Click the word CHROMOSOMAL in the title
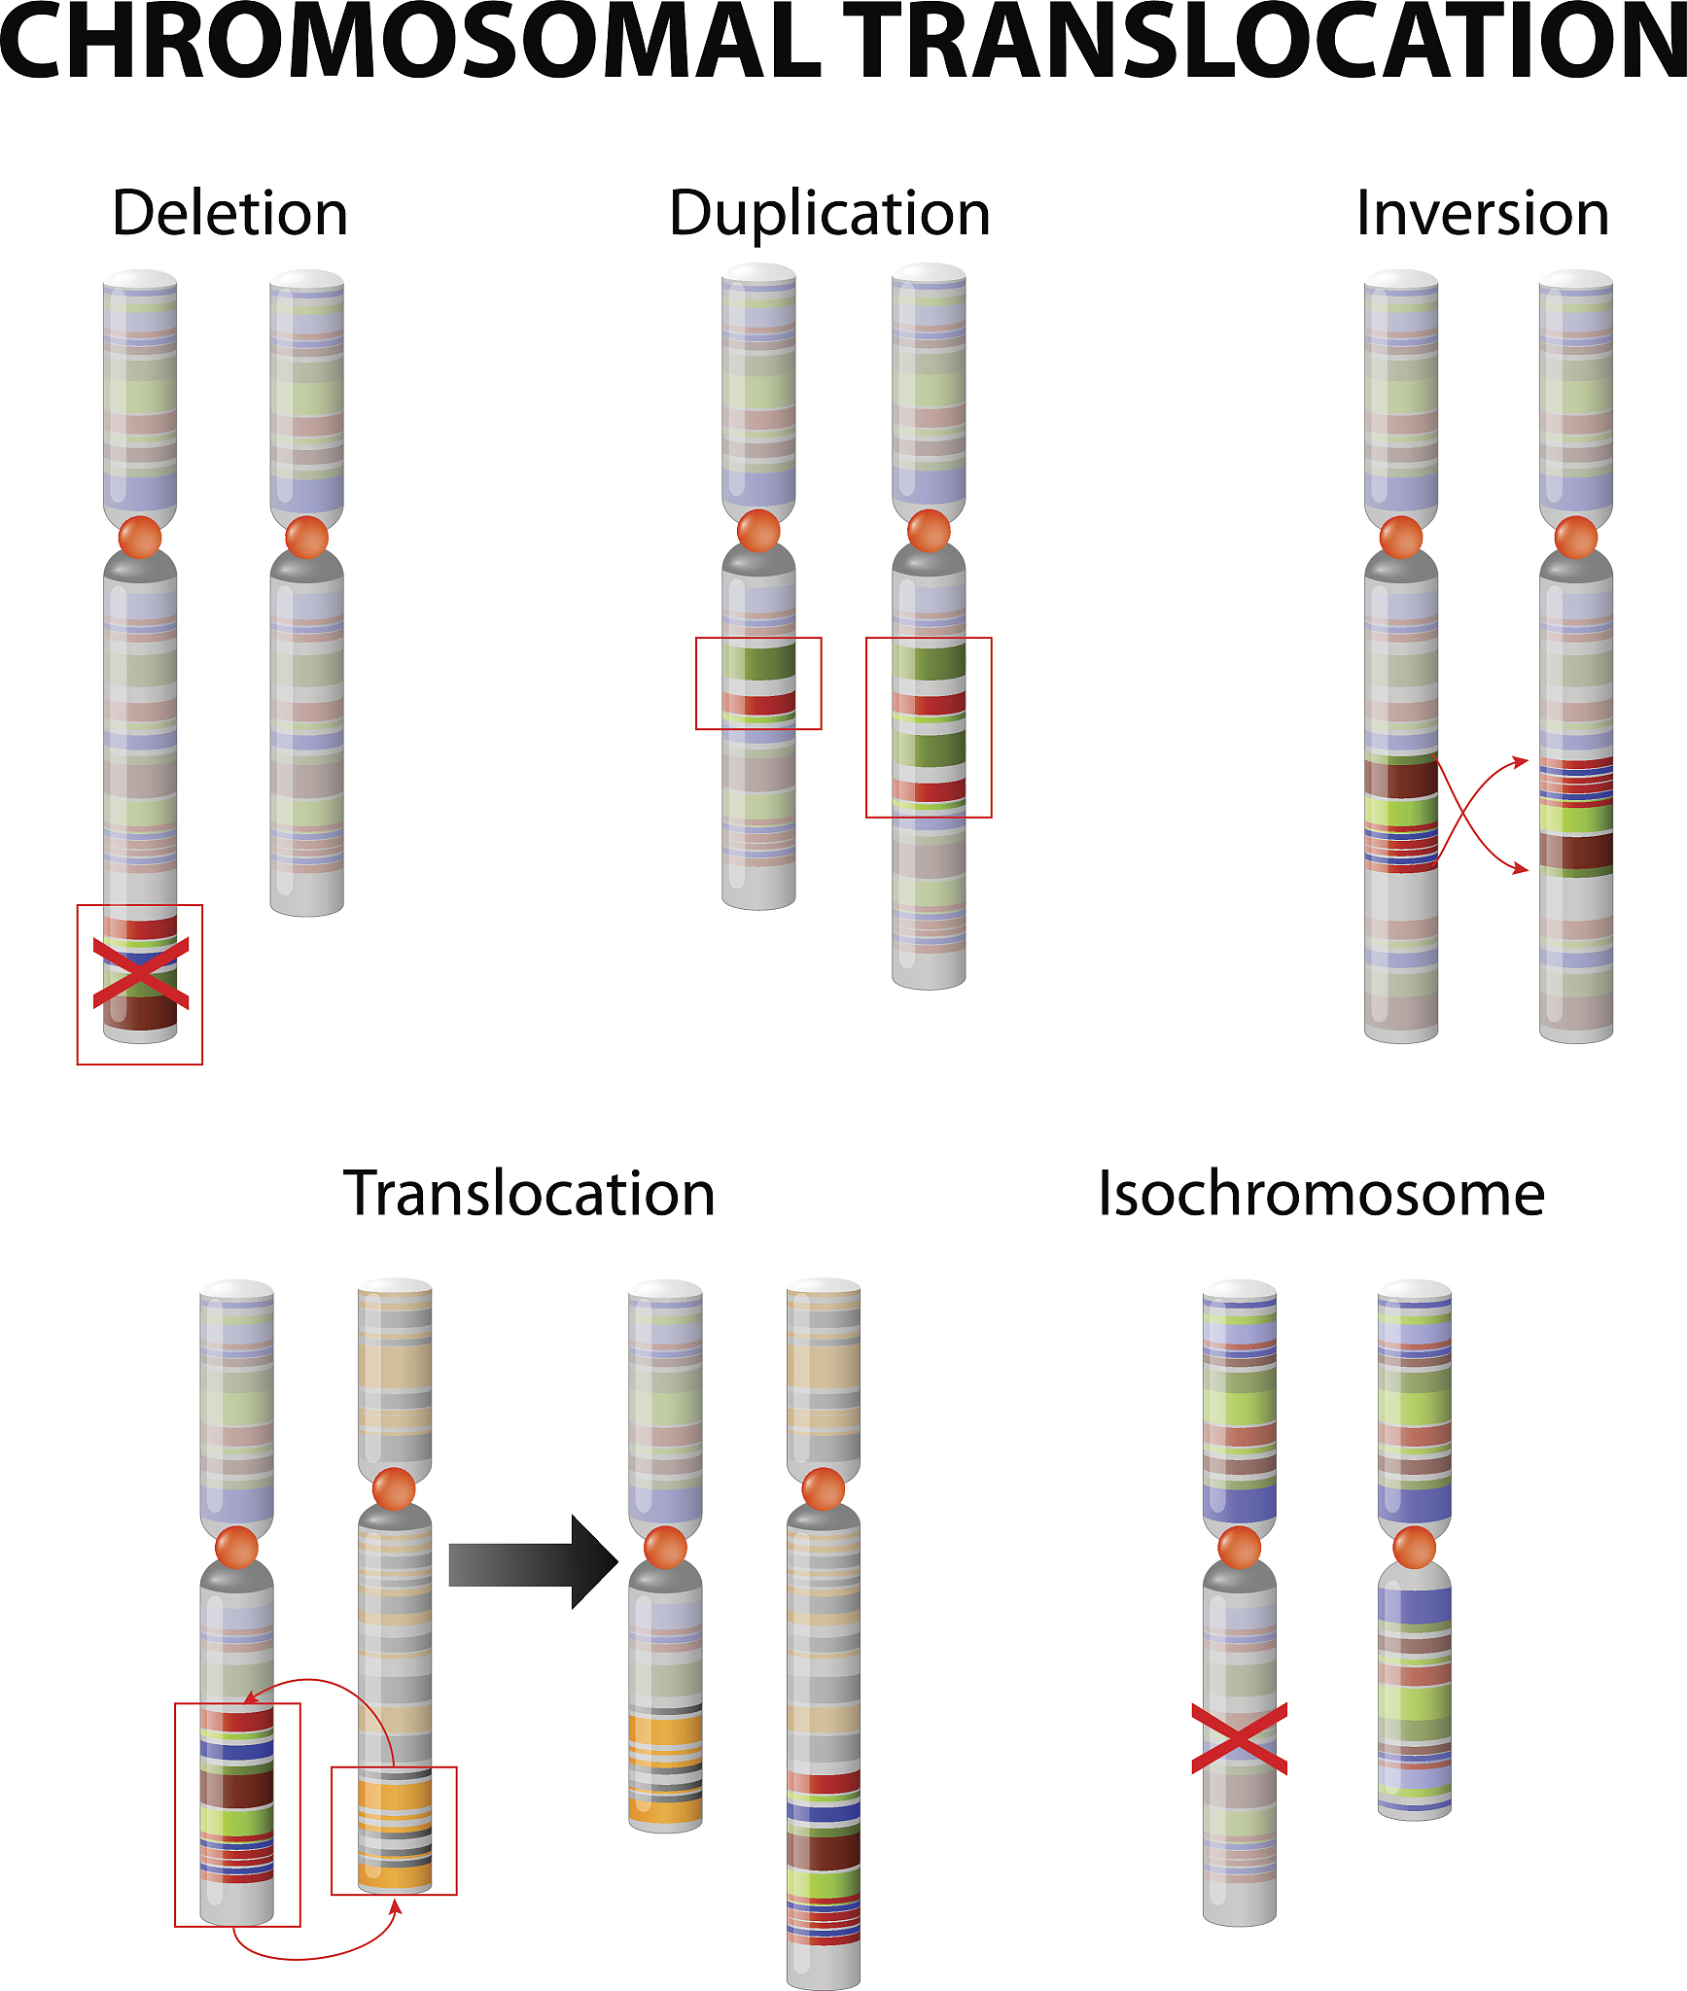(x=408, y=44)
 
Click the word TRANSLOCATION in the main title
(x=1264, y=44)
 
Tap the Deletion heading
(x=229, y=214)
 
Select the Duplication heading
(x=829, y=214)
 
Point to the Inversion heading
(x=1482, y=214)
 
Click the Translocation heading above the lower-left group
(x=529, y=1194)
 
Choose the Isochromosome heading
(x=1321, y=1194)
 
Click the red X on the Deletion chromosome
(x=141, y=973)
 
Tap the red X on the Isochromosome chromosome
(x=1240, y=1739)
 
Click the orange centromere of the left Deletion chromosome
(x=140, y=538)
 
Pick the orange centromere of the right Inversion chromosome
(x=1576, y=538)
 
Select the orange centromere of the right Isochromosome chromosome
(x=1415, y=1547)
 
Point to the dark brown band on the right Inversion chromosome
(x=1576, y=850)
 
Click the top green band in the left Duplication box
(x=758, y=663)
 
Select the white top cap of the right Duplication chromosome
(x=929, y=274)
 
